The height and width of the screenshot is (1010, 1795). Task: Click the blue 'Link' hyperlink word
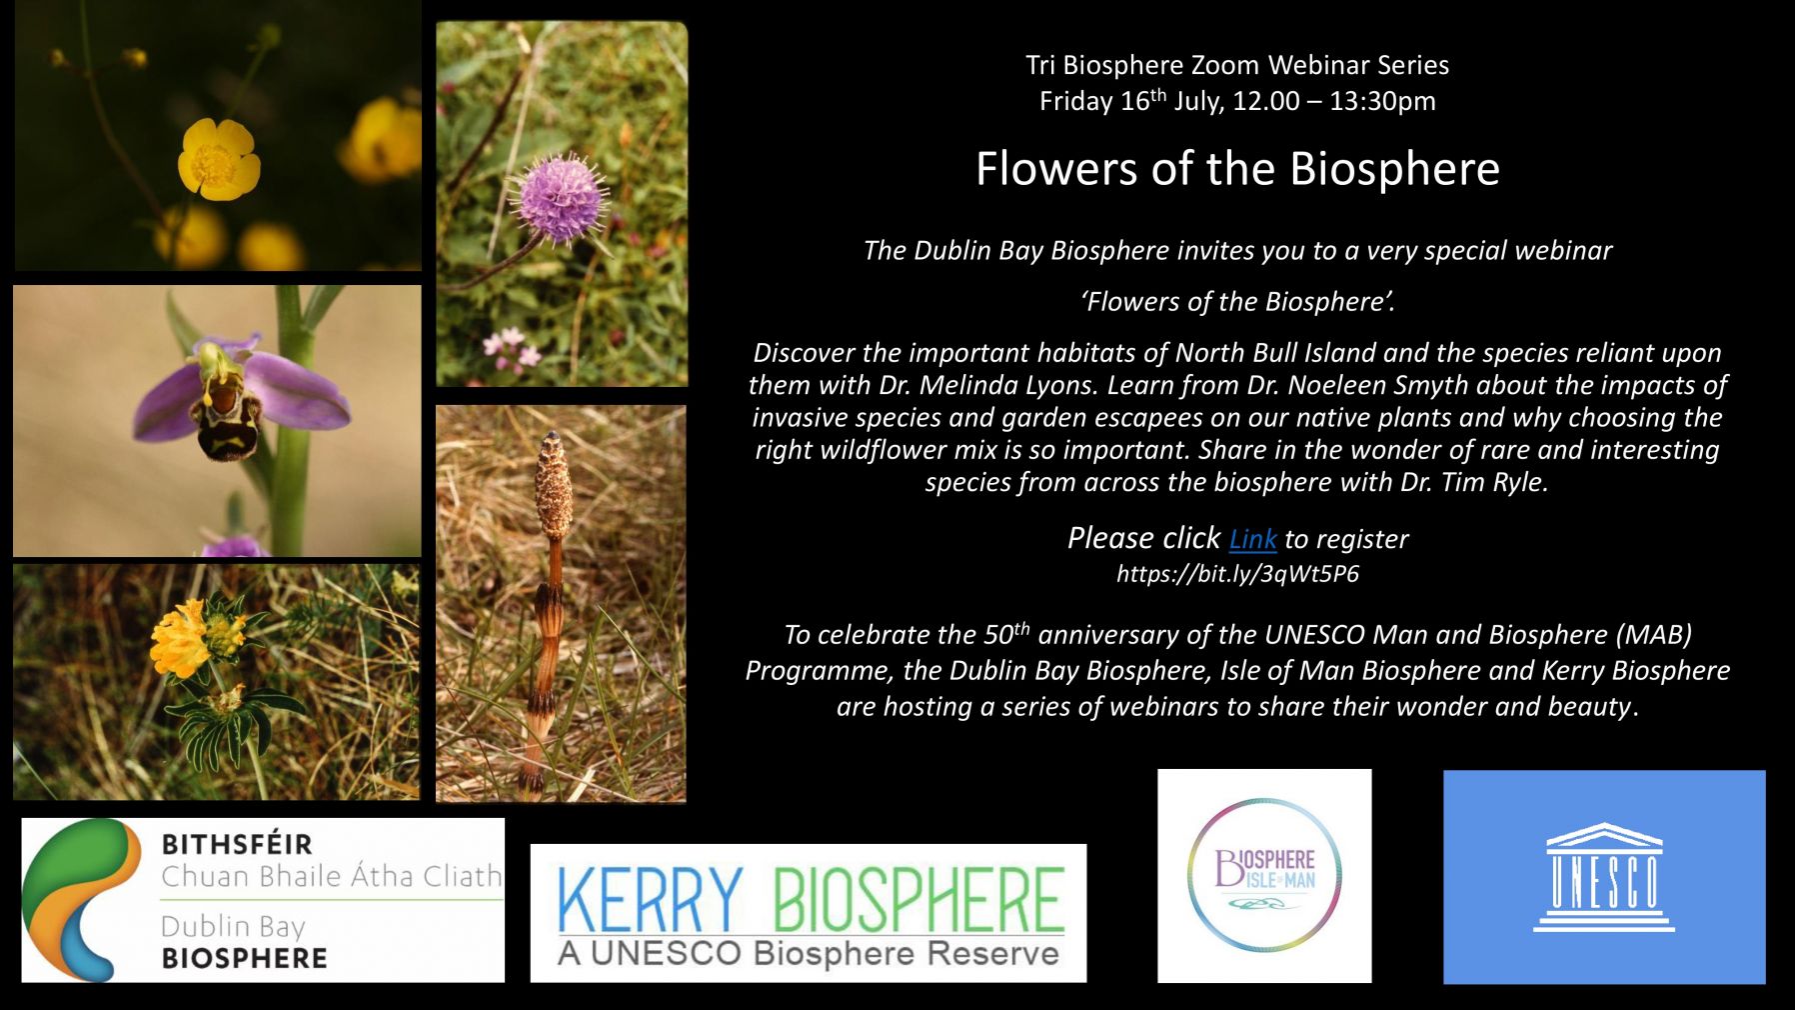point(1252,540)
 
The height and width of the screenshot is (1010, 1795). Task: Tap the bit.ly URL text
point(1237,574)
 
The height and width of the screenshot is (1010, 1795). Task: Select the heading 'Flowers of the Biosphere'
point(1237,169)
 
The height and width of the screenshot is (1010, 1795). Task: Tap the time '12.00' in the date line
point(1266,101)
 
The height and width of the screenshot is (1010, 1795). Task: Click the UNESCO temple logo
point(1603,878)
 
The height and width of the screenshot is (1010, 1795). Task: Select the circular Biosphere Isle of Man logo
point(1264,875)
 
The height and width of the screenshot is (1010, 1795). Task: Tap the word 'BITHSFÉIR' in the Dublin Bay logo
point(237,844)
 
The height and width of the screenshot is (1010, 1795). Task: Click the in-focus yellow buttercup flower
point(217,160)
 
